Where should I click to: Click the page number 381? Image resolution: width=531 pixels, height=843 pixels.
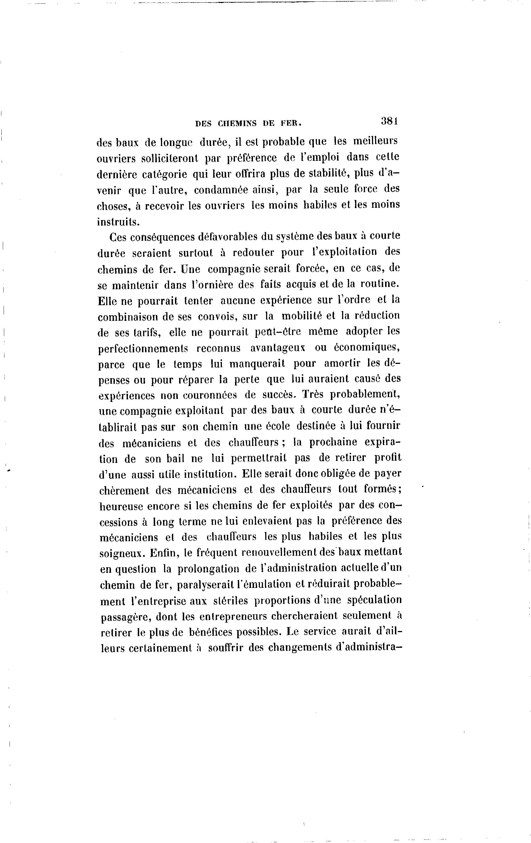pos(390,121)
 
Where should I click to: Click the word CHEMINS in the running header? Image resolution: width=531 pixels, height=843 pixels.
pos(238,123)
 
